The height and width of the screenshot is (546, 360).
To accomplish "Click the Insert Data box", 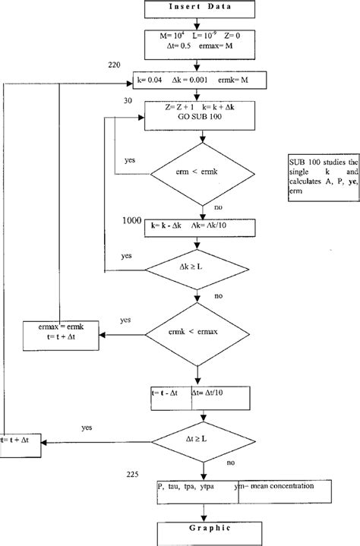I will point(199,9).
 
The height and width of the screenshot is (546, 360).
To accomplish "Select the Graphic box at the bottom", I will point(199,532).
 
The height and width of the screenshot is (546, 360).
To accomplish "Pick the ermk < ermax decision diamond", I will point(199,334).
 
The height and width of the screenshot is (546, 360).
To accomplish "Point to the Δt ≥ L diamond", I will point(199,439).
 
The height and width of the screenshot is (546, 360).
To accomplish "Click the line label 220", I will point(115,65).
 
